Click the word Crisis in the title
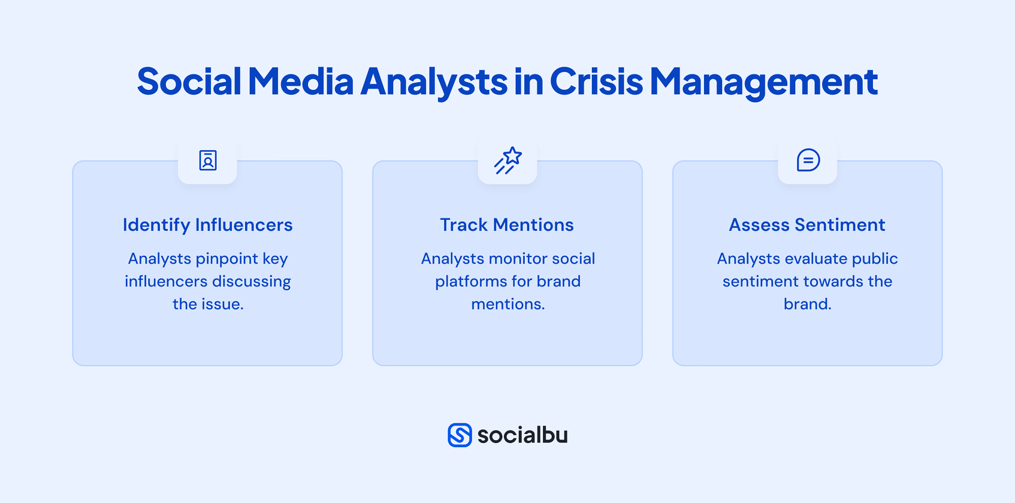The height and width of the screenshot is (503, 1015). (596, 81)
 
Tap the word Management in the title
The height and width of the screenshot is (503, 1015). (764, 81)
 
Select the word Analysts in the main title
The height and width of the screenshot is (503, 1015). (434, 81)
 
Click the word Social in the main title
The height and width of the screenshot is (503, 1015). (189, 81)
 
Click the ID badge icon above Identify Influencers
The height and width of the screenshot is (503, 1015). (208, 160)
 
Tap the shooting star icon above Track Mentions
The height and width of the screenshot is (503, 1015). (507, 160)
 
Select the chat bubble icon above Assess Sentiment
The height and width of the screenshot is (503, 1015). (807, 160)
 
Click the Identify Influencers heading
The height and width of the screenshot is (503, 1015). (208, 225)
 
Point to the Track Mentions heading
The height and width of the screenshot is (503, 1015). (507, 225)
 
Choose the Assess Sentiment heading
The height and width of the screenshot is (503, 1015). (807, 225)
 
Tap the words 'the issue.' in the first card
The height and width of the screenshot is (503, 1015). (208, 304)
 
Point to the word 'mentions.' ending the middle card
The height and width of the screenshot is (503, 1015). (508, 304)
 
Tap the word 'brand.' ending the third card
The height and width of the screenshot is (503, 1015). (807, 304)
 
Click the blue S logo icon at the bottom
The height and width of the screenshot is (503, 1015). (460, 435)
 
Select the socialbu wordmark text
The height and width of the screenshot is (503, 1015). (522, 435)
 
